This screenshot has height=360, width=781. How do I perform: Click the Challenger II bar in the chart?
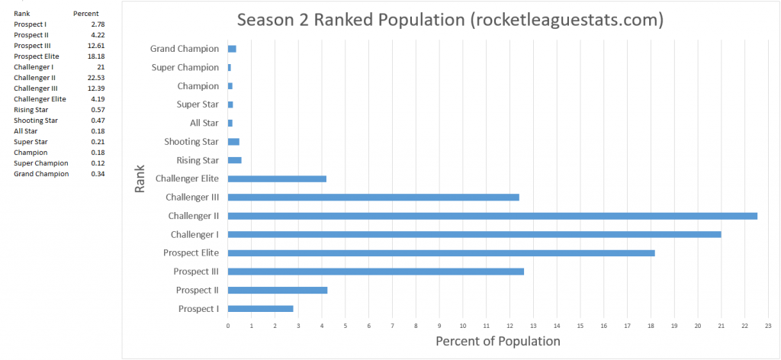click(x=492, y=216)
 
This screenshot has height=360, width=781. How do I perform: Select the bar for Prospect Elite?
click(x=441, y=252)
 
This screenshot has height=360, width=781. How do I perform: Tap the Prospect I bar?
click(x=260, y=308)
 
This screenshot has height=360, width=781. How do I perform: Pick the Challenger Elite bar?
click(x=277, y=178)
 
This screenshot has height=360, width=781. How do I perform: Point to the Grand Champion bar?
click(x=232, y=49)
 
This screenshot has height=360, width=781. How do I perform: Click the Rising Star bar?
click(x=234, y=160)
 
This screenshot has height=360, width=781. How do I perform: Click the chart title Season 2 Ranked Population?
click(x=449, y=20)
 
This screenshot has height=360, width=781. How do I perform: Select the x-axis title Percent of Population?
click(x=497, y=341)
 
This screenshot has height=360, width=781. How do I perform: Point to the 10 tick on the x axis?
click(x=463, y=326)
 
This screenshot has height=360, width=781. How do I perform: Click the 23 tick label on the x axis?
click(x=768, y=326)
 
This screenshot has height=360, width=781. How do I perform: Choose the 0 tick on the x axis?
click(x=228, y=326)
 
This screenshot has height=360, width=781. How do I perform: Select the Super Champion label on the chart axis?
click(x=185, y=68)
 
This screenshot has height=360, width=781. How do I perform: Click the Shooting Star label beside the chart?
click(x=191, y=142)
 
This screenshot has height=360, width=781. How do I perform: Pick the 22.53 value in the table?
click(x=95, y=78)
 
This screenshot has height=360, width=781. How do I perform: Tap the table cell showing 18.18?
click(x=95, y=56)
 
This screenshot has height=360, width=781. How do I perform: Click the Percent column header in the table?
click(x=85, y=14)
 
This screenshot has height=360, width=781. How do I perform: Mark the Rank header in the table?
click(x=21, y=14)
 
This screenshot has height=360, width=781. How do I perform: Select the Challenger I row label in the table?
click(x=34, y=67)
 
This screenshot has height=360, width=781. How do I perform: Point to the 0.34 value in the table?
click(x=97, y=174)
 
